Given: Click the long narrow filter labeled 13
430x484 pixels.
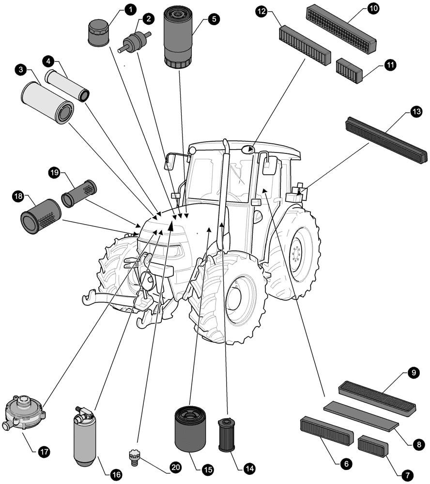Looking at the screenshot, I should [386, 140].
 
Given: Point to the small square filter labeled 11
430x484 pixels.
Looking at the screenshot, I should [349, 71].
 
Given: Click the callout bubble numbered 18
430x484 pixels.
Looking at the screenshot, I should [18, 196].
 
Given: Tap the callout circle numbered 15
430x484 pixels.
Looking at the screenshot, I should [207, 469].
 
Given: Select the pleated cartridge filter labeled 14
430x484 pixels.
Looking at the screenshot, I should [226, 435].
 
